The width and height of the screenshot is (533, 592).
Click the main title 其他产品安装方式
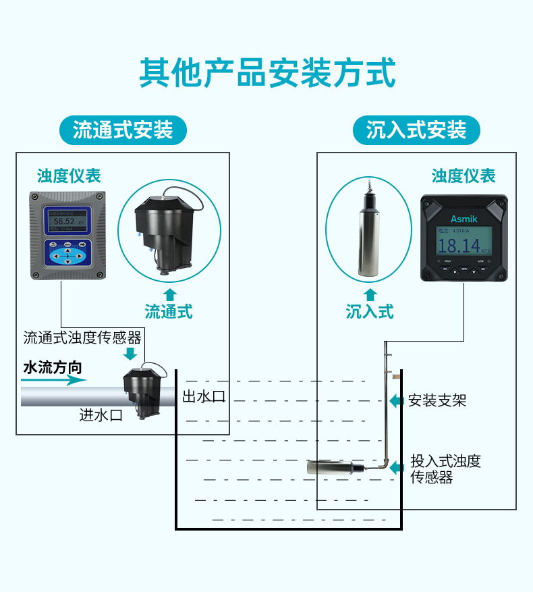point(266,74)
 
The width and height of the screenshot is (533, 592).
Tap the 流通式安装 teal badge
point(122,130)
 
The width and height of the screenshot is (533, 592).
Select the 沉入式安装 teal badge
point(416,130)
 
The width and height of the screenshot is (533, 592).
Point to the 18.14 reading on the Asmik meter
point(459,244)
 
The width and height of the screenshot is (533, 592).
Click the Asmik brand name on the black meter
point(464,219)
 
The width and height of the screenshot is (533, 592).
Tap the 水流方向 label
point(52,368)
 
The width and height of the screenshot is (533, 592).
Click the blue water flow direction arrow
point(54,380)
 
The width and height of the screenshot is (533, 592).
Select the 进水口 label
point(101,415)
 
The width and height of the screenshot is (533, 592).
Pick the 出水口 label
point(204,396)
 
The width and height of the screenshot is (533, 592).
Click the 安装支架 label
point(437,400)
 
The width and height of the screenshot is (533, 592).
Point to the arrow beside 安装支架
point(397,400)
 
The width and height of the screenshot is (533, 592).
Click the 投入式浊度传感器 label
point(445,469)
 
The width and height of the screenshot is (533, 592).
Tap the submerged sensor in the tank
point(331,467)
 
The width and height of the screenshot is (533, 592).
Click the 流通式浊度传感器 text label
point(82,338)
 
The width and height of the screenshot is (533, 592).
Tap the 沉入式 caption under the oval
point(370,312)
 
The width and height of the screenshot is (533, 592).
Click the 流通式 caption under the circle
point(169,312)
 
